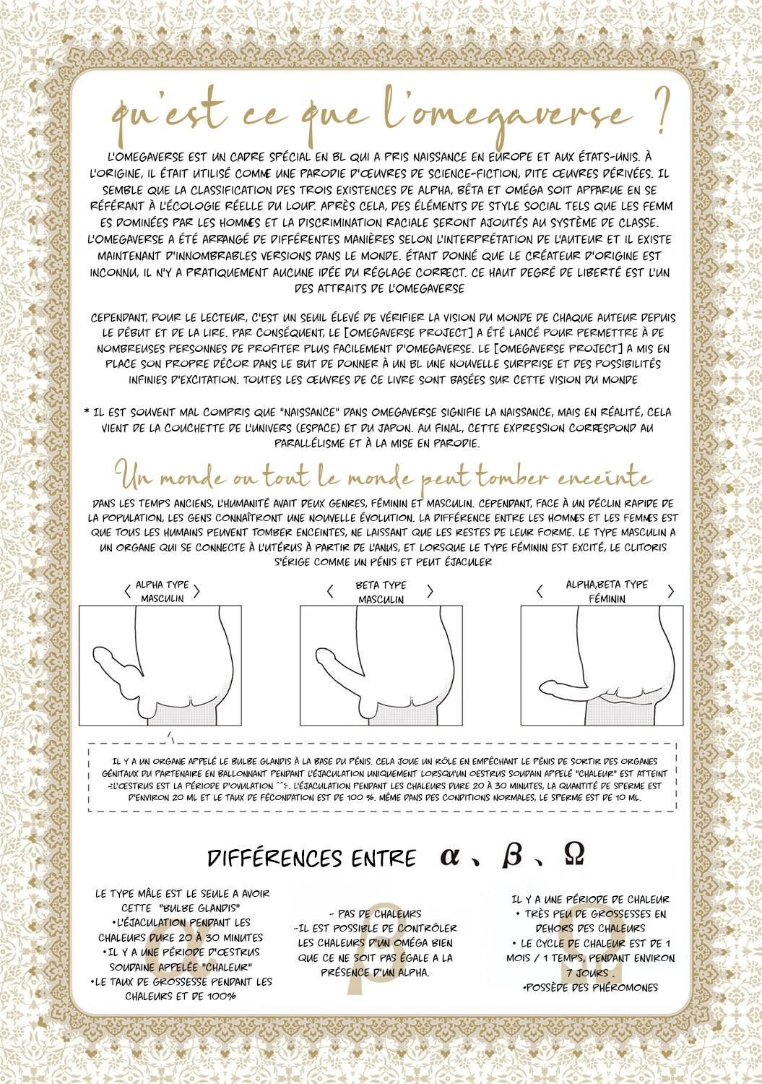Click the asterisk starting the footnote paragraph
(87, 413)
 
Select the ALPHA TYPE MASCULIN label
(162, 591)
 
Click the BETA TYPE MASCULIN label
(381, 592)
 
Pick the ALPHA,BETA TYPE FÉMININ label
(606, 591)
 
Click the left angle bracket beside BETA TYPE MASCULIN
(330, 592)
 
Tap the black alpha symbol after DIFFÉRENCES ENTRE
(450, 856)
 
